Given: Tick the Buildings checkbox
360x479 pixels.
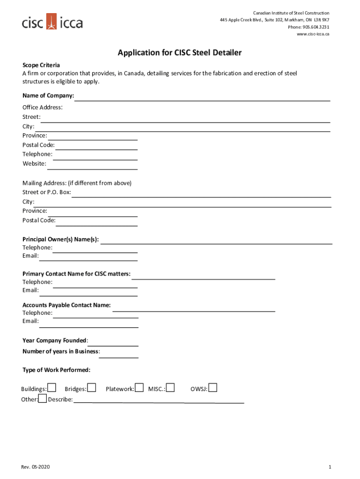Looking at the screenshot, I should click(52, 388).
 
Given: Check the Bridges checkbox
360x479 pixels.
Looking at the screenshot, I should click(92, 388).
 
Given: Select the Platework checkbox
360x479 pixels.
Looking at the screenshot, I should click(139, 388).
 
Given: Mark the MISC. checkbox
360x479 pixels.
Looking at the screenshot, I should click(171, 388).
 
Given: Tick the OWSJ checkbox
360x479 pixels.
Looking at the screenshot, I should click(213, 388).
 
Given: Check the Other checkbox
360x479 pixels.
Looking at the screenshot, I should click(43, 399).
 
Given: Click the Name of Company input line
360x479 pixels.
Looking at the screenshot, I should click(202, 97).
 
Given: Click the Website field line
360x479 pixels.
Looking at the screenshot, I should click(92, 166).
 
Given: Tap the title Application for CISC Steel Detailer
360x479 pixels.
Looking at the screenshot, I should click(180, 53).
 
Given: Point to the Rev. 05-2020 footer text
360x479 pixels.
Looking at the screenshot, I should click(35, 467).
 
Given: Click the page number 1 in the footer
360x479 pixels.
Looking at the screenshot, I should click(330, 467).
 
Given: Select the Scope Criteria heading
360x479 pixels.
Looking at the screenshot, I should click(41, 65).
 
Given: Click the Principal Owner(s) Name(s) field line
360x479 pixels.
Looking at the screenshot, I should click(216, 241).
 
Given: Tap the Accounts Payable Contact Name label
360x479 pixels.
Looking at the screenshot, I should click(66, 305).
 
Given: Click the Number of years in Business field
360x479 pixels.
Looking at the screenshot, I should click(119, 354).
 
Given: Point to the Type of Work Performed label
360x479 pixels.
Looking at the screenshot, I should click(56, 370).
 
